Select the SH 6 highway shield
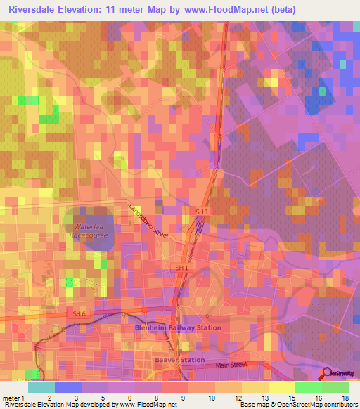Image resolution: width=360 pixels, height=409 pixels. pyautogui.click(x=79, y=313)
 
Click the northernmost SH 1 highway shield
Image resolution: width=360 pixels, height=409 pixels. pyautogui.click(x=202, y=212)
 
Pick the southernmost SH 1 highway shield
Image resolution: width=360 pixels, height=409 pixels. pyautogui.click(x=181, y=268)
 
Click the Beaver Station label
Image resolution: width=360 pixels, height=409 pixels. pyautogui.click(x=179, y=359)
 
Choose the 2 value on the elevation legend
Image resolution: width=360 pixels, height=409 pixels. pyautogui.click(x=69, y=398)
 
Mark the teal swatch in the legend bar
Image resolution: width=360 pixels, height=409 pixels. pyautogui.click(x=41, y=387)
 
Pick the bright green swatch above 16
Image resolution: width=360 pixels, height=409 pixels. pyautogui.click(x=309, y=387)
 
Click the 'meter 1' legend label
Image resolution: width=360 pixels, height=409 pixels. pyautogui.click(x=15, y=398)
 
